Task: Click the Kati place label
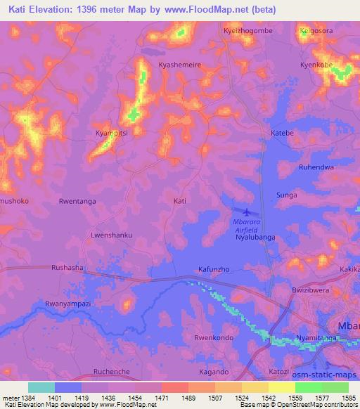(x=180, y=201)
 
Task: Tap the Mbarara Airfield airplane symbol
(x=245, y=212)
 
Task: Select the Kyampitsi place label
(x=111, y=133)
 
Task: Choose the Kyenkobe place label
(x=317, y=64)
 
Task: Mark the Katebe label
(x=282, y=132)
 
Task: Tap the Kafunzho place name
(x=214, y=269)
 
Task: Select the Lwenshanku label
(x=111, y=235)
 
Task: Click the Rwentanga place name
(x=78, y=201)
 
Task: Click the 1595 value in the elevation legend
(x=349, y=397)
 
